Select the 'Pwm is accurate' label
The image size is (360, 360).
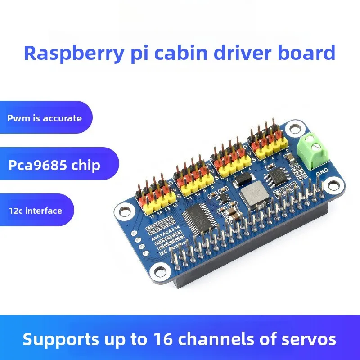(45, 118)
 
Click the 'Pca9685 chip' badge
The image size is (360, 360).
(54, 165)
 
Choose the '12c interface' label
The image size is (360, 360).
(36, 210)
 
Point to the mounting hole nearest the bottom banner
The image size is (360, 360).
(160, 270)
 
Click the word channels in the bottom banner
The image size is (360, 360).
(250, 338)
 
